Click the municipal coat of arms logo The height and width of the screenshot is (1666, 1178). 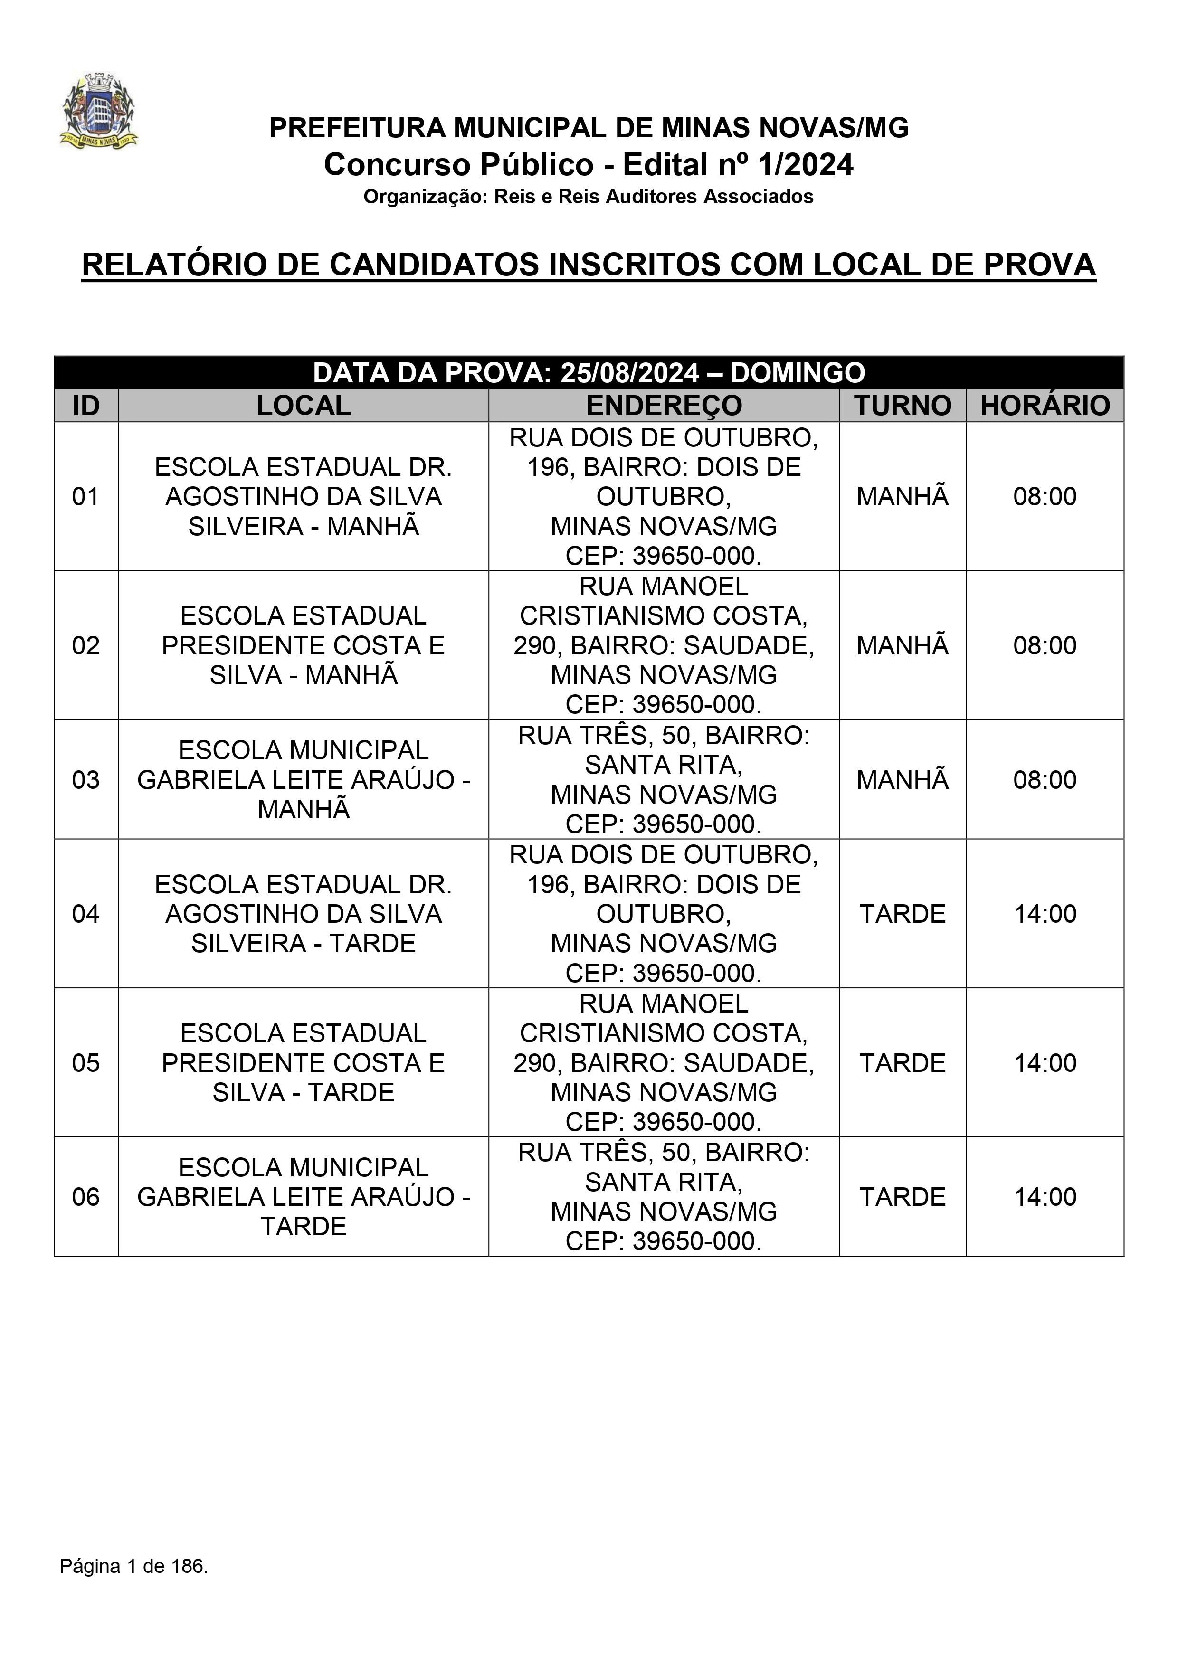coord(98,110)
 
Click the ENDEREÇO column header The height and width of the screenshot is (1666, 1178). coord(664,406)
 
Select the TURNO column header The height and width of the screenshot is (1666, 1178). coord(902,406)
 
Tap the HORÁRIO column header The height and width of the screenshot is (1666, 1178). coord(1045,406)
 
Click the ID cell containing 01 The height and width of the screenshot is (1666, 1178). coord(85,497)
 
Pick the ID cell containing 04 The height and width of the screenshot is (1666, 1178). coord(85,914)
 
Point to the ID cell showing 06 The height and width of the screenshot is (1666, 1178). coord(85,1196)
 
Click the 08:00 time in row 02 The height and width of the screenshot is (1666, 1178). coord(1045,645)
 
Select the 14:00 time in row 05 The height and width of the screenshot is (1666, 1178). coord(1045,1062)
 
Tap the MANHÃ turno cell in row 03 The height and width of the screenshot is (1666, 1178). coord(902,779)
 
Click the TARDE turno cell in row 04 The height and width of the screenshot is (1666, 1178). coord(902,914)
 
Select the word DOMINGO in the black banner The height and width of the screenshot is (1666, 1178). coord(797,373)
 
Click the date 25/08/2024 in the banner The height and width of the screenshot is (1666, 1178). coord(629,373)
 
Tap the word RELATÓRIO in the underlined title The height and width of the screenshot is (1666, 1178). coord(174,265)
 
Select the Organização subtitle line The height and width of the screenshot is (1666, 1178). coord(588,197)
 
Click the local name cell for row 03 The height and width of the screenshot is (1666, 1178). coord(304,779)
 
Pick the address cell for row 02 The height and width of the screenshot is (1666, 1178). coord(664,645)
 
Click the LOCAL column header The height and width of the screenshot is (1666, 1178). coord(304,406)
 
